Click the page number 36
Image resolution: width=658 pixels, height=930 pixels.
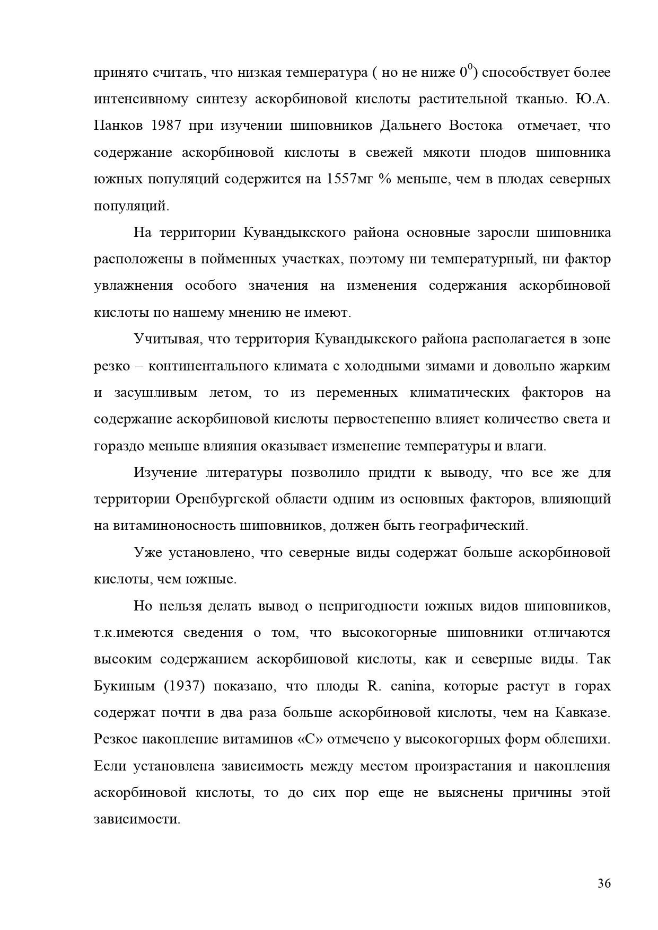click(x=604, y=883)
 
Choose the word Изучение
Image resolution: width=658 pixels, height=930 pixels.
click(x=165, y=473)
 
